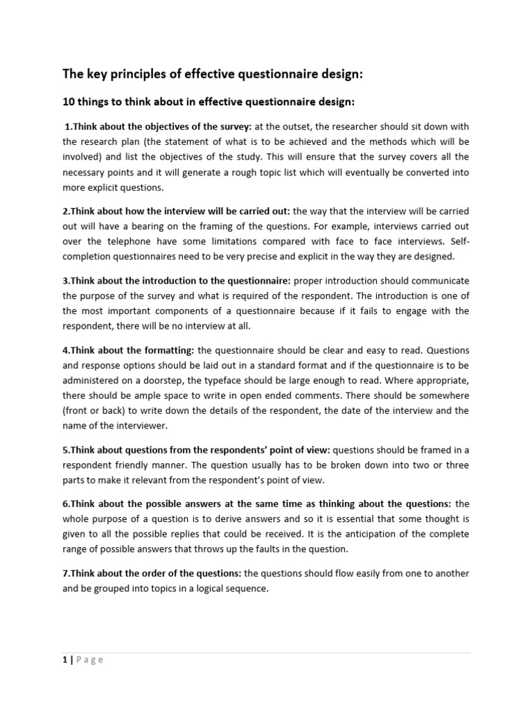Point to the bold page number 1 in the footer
point(64,660)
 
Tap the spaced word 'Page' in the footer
point(89,660)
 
